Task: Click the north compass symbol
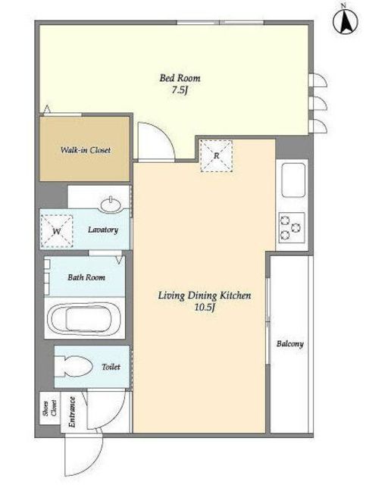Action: coord(346,22)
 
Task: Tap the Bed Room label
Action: coord(180,78)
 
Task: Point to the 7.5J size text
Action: coord(180,90)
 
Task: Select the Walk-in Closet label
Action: coord(86,150)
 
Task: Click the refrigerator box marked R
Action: coord(216,155)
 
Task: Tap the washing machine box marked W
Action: coord(57,231)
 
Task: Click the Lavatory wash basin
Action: coord(111,205)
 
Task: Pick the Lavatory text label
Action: coord(103,230)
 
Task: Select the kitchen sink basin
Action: coord(292,180)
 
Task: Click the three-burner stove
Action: coord(292,228)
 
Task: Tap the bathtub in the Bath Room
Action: coord(84,319)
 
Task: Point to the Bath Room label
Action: coord(86,277)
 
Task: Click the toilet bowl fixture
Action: coord(74,367)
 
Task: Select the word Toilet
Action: coord(111,367)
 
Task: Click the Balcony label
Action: coord(290,344)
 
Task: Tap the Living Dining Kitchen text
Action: coord(205,296)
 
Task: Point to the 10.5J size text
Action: coord(205,308)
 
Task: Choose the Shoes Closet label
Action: coord(49,408)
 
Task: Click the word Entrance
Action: coord(72,411)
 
